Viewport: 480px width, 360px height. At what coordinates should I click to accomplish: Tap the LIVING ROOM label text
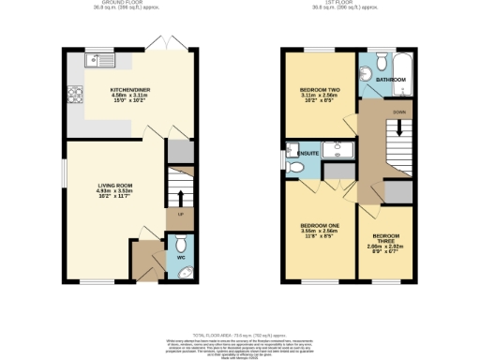116,186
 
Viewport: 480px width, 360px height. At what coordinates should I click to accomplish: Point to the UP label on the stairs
180,215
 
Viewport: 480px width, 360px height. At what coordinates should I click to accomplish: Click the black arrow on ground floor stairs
180,196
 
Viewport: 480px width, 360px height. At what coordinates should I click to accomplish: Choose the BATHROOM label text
391,81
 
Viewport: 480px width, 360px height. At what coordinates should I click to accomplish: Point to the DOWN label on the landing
399,112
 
